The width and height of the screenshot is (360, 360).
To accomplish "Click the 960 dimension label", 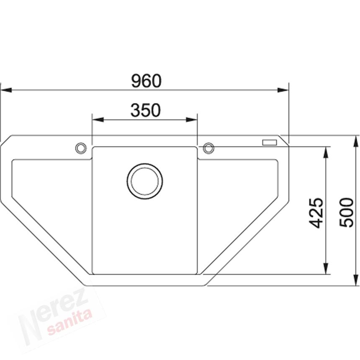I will pos(146,81).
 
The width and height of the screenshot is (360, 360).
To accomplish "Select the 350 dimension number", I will pos(145,111).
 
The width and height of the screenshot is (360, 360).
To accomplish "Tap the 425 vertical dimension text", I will pos(316,213).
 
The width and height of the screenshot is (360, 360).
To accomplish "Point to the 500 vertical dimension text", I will pos(347,213).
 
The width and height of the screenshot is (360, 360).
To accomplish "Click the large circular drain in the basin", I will pos(145,181).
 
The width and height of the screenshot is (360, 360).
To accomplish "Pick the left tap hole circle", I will pos(81,148).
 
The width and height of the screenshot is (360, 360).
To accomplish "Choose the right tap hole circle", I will pos(208,148).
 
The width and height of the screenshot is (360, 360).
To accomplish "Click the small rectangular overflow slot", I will pos(269,142).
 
